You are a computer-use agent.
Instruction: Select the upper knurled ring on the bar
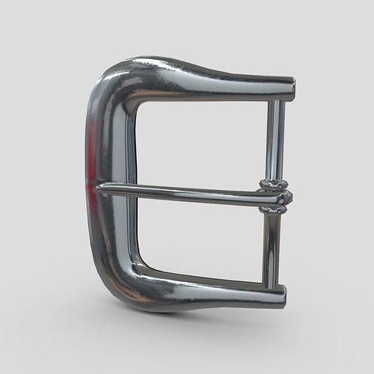(274, 184)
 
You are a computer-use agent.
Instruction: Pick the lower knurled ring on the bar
(274, 209)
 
